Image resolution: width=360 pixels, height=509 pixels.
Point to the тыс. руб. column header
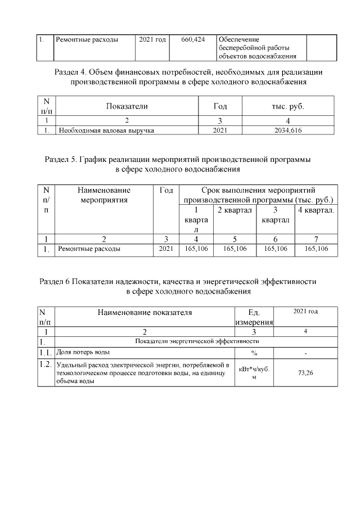click(x=288, y=106)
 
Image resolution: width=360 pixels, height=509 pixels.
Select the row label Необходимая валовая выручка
click(x=107, y=130)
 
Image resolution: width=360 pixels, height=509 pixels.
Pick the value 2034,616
click(x=288, y=130)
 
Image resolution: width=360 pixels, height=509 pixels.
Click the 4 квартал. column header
click(x=316, y=209)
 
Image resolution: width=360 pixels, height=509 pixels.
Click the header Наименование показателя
click(x=145, y=312)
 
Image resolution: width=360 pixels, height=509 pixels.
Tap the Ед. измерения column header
click(x=254, y=317)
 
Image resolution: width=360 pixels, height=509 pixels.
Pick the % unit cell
click(x=254, y=353)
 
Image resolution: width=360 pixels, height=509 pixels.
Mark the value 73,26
click(x=305, y=373)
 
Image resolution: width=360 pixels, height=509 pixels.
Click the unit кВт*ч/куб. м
click(x=254, y=373)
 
